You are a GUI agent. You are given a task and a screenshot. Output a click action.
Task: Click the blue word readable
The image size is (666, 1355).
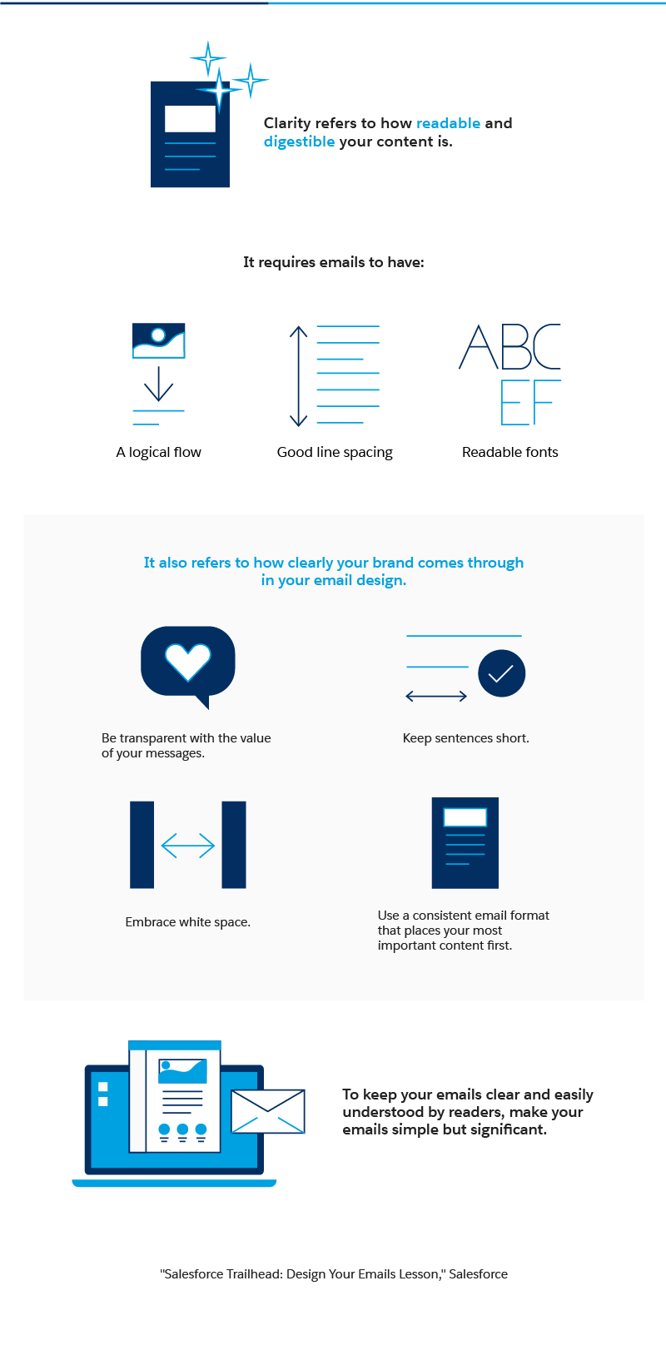click(x=448, y=123)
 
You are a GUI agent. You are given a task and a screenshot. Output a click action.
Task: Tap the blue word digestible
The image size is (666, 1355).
click(x=299, y=141)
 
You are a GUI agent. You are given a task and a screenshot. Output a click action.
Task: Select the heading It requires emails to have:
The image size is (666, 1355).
click(x=333, y=262)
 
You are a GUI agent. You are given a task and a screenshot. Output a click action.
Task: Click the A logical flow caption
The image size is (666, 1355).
click(x=158, y=452)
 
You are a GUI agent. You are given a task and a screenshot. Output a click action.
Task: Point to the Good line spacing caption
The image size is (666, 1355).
click(x=335, y=452)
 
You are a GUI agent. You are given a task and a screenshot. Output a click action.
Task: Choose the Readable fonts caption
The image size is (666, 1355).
click(x=509, y=452)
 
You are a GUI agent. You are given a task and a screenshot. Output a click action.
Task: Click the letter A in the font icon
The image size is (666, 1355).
click(x=478, y=348)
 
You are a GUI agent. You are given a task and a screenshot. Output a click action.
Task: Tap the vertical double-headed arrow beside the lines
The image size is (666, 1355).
click(x=298, y=376)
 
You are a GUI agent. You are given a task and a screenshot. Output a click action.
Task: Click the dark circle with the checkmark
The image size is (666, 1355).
click(x=501, y=673)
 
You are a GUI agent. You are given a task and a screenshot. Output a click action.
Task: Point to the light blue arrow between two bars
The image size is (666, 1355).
click(x=187, y=846)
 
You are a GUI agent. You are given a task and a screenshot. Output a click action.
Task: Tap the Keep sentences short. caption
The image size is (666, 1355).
click(x=465, y=738)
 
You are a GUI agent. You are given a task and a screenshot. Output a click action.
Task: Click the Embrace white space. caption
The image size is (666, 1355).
click(x=187, y=922)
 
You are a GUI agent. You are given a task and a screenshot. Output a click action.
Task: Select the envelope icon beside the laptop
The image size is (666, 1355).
click(x=268, y=1111)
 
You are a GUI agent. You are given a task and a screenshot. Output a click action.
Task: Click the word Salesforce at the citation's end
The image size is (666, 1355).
click(x=478, y=1274)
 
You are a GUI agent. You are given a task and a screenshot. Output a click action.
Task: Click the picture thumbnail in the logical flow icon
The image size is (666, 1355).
click(x=158, y=340)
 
